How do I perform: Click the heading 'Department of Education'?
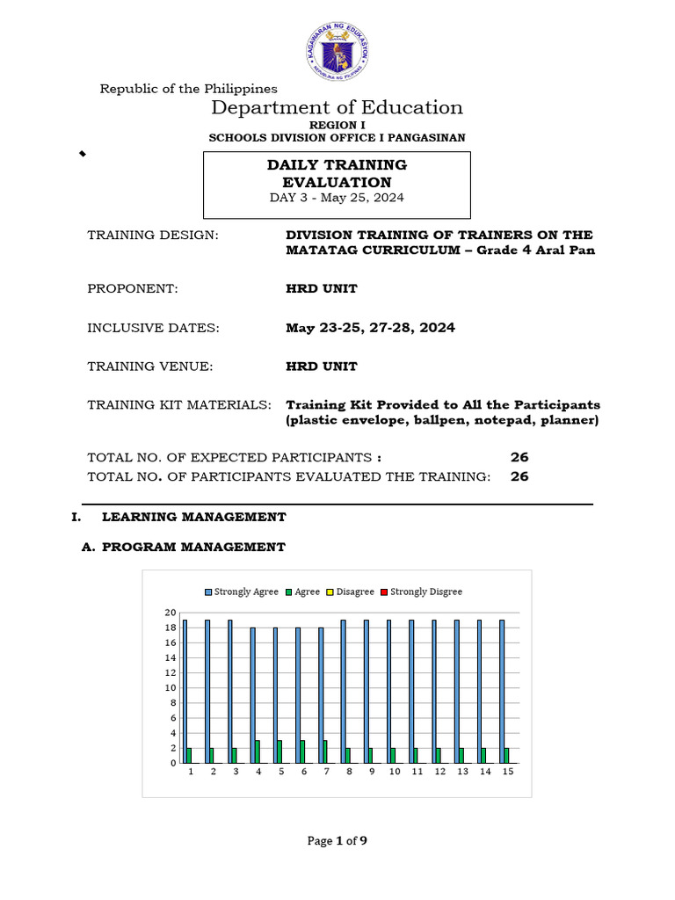[337, 107]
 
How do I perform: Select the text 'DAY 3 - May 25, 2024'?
[337, 198]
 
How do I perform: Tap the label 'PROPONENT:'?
[133, 288]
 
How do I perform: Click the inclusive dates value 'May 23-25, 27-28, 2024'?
[370, 328]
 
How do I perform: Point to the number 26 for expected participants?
[519, 457]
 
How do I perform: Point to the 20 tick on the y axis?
[171, 613]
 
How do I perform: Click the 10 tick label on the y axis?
[171, 688]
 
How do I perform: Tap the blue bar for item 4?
[253, 695]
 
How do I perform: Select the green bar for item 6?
[303, 751]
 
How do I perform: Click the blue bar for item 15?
[502, 691]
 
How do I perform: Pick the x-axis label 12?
[439, 772]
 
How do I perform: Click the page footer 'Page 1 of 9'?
[337, 841]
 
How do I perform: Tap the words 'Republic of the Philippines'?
[188, 88]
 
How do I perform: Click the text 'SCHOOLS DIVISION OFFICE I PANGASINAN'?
[337, 138]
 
